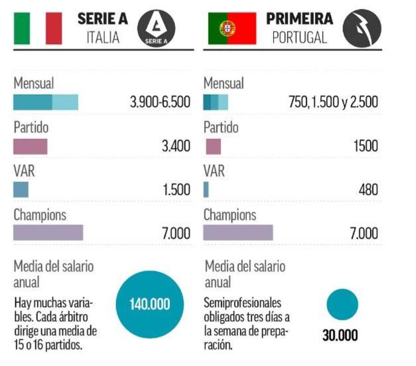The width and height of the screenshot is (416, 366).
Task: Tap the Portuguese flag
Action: tap(232, 29)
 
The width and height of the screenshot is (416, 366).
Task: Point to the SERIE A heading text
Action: tap(103, 18)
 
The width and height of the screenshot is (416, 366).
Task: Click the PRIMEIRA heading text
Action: tap(300, 18)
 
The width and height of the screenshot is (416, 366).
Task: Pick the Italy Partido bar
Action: tap(31, 146)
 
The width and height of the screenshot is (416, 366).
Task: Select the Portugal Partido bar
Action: tap(213, 146)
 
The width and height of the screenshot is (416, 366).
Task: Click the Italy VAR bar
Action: tap(21, 190)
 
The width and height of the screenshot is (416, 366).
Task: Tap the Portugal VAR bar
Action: tap(206, 190)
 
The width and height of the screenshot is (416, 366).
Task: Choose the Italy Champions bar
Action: tap(48, 233)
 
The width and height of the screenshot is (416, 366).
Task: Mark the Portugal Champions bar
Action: tap(238, 233)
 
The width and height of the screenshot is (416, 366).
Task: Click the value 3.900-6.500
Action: tap(161, 102)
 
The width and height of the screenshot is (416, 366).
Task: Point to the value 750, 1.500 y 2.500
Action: tap(333, 102)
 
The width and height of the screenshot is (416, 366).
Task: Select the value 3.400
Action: tap(176, 147)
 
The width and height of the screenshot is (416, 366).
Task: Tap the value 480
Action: tap(368, 190)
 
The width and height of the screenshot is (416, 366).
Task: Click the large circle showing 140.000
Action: tap(149, 305)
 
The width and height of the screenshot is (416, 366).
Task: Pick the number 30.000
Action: tap(340, 336)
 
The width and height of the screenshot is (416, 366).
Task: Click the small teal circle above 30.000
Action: tap(342, 304)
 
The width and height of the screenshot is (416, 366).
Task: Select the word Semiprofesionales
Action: tap(242, 303)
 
